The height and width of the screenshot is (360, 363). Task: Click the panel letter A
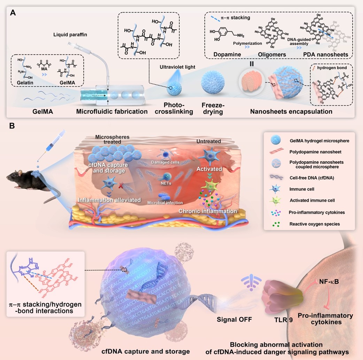(x=13, y=13)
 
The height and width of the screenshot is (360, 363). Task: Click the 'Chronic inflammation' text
(x=208, y=211)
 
